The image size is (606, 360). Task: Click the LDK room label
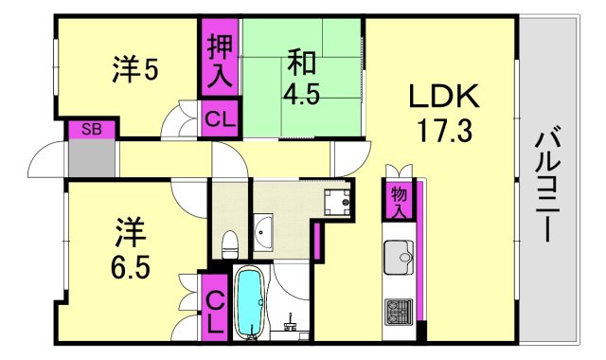tap(445, 97)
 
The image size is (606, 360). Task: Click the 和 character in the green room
tap(301, 64)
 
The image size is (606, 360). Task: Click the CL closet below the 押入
tap(219, 121)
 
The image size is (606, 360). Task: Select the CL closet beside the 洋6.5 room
tap(214, 307)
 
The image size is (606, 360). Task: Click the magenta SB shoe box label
tap(91, 129)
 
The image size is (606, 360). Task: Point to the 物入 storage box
tap(400, 199)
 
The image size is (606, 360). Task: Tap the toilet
tap(227, 244)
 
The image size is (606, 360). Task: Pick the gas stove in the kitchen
tap(398, 311)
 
